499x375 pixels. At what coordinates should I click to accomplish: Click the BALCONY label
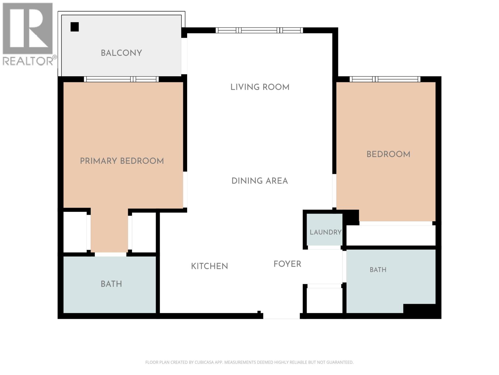pos(121,53)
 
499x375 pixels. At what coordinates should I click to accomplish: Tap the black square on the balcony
pos(75,27)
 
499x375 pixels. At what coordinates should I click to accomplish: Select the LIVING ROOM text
pos(260,87)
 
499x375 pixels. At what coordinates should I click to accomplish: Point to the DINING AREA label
pos(259,181)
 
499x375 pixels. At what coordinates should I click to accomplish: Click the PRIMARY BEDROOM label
pos(122,161)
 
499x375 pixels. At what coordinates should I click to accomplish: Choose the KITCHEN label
pos(209,266)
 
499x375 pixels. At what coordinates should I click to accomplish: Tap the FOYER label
pos(287,264)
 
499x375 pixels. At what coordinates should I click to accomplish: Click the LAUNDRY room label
pos(326,232)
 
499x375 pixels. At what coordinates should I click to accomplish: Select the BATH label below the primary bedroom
pos(111,284)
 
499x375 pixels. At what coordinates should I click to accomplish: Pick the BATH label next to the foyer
pos(378,270)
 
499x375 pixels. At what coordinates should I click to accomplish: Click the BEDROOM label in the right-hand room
pos(389,154)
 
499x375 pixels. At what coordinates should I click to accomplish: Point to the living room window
pos(259,30)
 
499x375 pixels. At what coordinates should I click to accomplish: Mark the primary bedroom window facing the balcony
pos(121,79)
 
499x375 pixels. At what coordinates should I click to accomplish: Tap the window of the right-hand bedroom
pos(385,79)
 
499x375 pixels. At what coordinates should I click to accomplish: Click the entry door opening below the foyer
pos(281,316)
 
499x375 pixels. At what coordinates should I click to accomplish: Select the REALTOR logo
pos(28,34)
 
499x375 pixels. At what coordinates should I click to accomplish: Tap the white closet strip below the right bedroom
pos(391,235)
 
